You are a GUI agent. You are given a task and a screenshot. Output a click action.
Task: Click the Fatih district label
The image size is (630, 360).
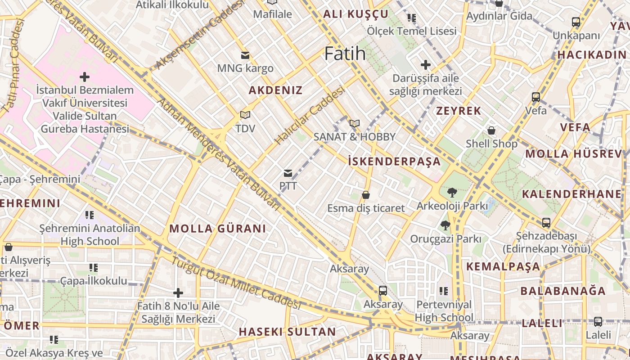click(345, 54)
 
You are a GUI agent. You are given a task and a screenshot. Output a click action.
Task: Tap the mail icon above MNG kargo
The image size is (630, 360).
click(245, 55)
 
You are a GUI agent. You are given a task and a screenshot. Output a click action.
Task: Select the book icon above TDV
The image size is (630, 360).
click(245, 115)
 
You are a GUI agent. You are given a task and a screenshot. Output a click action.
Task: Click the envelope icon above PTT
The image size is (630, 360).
click(288, 173)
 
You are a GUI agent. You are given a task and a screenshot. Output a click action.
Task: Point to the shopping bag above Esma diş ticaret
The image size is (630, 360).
click(366, 195)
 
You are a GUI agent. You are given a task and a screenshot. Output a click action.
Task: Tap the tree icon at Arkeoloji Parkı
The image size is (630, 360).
click(452, 193)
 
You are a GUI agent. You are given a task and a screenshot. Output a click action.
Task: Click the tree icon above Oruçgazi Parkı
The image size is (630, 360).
click(445, 225)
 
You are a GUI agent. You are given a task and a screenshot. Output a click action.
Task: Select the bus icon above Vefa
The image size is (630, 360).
click(535, 97)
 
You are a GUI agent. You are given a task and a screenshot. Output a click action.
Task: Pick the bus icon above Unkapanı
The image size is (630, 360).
click(576, 22)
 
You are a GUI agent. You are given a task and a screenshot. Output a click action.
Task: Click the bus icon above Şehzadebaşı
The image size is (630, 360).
click(546, 222)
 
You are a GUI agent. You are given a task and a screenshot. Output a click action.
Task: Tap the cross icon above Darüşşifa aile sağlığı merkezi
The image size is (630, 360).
click(425, 65)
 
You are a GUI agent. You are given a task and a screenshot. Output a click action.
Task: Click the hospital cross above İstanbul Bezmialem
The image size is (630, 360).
click(84, 76)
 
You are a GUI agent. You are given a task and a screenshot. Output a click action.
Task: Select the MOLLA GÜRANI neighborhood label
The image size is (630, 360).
click(217, 229)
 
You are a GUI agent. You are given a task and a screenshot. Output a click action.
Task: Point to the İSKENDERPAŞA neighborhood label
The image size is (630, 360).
click(394, 162)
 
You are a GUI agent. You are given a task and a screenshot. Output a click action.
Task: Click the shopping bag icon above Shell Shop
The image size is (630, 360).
click(491, 130)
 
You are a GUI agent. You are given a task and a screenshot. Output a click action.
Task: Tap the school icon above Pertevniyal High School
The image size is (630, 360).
click(444, 291)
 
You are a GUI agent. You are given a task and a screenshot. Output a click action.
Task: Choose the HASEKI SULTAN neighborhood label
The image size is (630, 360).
click(287, 332)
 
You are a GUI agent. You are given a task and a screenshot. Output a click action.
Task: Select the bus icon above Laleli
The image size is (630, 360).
click(598, 322)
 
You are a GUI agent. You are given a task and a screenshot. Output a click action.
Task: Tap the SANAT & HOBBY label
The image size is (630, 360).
click(354, 137)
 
